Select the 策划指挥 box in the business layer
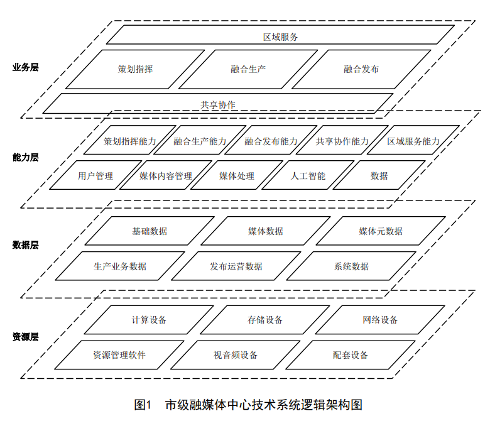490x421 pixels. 135,69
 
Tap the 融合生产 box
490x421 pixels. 248,69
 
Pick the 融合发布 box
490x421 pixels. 361,69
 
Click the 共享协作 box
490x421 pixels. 218,103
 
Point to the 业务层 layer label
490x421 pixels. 26,67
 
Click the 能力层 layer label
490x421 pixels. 26,157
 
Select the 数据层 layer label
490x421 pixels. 26,244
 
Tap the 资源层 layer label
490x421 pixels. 26,337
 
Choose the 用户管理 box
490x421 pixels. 95,175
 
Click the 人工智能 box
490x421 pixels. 308,175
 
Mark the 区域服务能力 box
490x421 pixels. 413,140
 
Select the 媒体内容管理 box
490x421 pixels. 166,175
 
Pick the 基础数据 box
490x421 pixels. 150,231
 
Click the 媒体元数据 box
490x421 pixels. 381,231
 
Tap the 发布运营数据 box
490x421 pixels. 236,266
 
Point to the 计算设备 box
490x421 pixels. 149,320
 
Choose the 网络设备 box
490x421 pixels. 380,320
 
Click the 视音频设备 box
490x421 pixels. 236,355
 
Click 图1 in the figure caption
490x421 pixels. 143,405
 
